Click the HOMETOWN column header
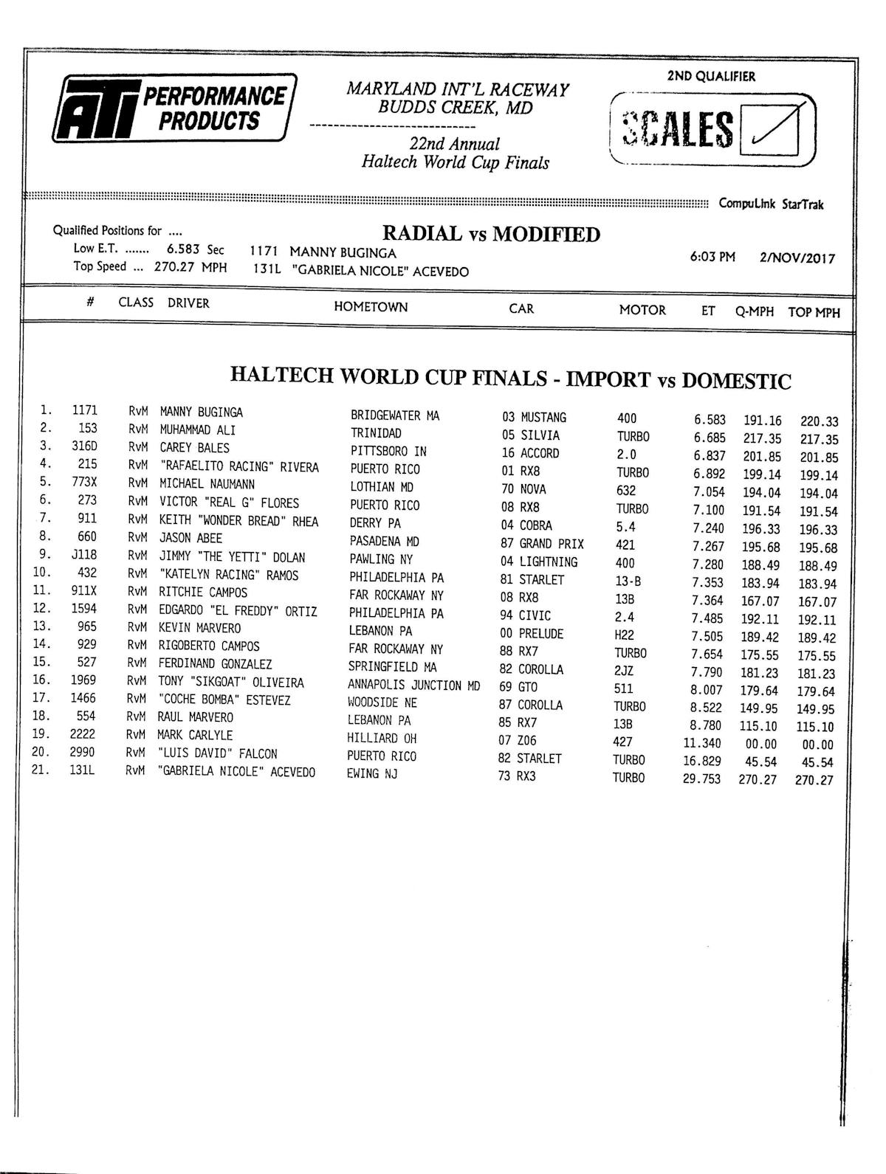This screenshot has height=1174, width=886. click(371, 307)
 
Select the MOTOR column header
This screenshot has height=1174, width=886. click(642, 310)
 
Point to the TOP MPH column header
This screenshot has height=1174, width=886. click(814, 312)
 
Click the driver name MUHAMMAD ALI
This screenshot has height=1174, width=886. click(198, 429)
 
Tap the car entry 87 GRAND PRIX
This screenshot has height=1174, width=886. click(541, 544)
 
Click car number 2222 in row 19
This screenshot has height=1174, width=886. click(83, 734)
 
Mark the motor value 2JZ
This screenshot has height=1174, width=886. click(624, 671)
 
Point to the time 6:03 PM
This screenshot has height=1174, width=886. click(712, 258)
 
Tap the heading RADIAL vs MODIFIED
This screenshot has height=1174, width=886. click(491, 235)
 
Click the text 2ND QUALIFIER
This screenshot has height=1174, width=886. click(711, 76)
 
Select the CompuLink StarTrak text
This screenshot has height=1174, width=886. click(771, 204)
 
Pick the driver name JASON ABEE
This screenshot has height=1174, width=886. click(190, 538)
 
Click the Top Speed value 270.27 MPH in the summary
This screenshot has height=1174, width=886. click(190, 267)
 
